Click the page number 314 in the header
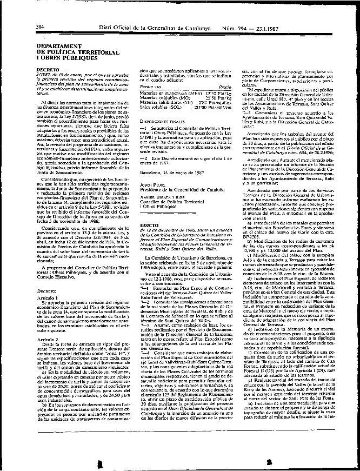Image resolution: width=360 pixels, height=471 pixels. click(39, 26)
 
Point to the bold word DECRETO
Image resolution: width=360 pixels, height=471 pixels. click(47, 70)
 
